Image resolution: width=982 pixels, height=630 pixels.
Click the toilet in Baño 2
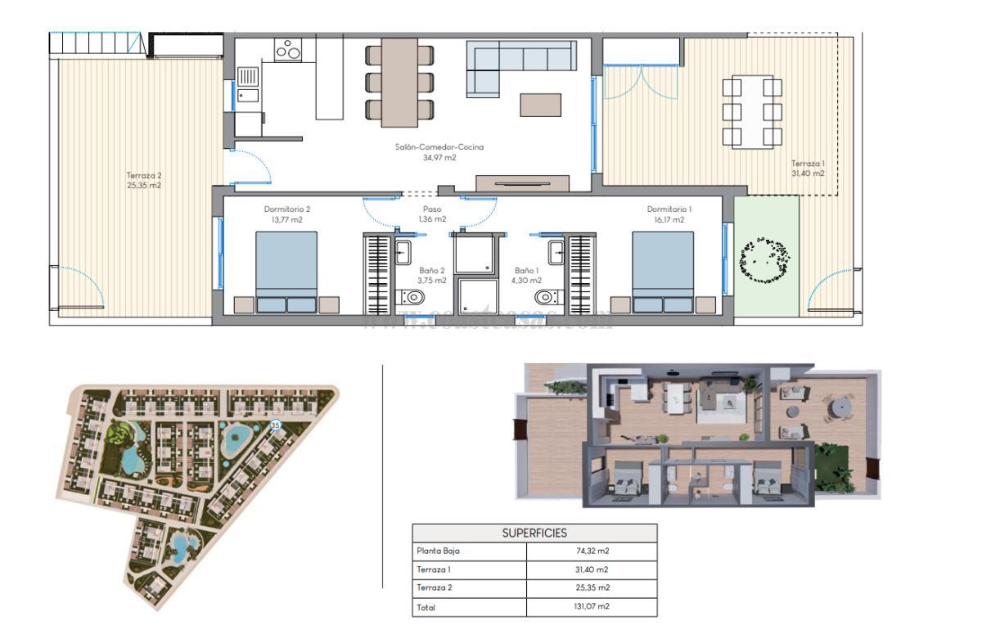coord(406,296)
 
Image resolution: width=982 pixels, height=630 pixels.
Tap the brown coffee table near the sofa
coord(540,106)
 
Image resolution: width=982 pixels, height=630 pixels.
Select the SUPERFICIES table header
coord(534,533)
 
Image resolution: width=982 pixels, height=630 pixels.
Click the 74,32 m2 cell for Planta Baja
coord(592,551)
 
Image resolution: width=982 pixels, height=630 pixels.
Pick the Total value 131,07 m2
coord(592,607)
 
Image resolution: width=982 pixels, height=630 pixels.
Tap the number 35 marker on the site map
coord(276,425)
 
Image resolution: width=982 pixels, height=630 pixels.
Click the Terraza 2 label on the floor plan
coord(144,179)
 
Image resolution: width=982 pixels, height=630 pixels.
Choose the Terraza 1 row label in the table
coord(434,569)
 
